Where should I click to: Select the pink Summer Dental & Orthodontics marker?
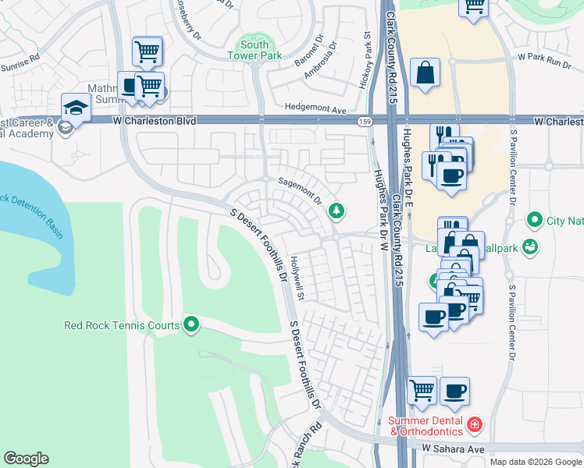[x=475, y=425]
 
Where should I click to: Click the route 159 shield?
[x=365, y=122]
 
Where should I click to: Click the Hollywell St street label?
[x=297, y=278]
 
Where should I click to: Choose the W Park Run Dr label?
[x=545, y=58]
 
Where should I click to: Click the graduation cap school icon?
[x=76, y=108]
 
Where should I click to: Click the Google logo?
[x=26, y=459]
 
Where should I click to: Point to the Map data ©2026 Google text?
[x=535, y=462]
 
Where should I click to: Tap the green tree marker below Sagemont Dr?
[x=336, y=210]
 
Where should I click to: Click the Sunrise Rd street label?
[x=19, y=62]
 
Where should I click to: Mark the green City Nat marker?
[x=534, y=221]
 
